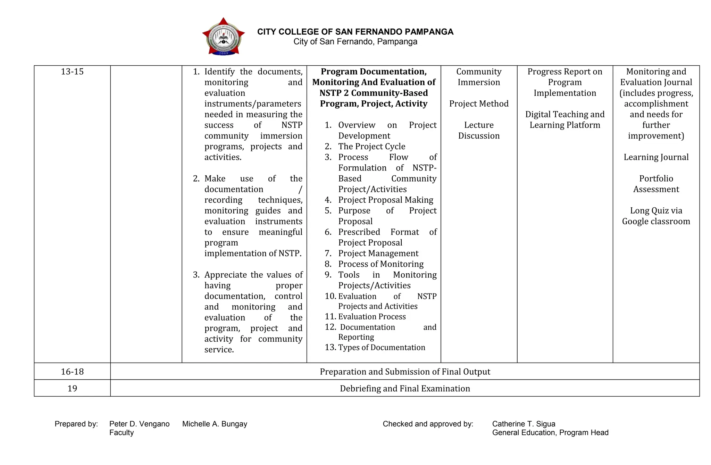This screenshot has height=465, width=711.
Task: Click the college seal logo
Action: pyautogui.click(x=223, y=37)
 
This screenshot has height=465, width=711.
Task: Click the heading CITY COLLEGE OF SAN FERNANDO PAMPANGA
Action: pyautogui.click(x=355, y=32)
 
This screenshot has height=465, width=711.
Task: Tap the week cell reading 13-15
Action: pyautogui.click(x=72, y=72)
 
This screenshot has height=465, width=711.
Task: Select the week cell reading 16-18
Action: pyautogui.click(x=72, y=372)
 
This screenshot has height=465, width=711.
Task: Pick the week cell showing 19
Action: pyautogui.click(x=72, y=388)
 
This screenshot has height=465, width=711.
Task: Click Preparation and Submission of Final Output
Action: pyautogui.click(x=405, y=372)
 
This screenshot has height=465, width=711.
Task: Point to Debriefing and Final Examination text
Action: pyautogui.click(x=405, y=388)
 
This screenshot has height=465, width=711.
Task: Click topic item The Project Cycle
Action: pyautogui.click(x=371, y=147)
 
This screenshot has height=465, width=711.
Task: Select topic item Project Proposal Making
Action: pyautogui.click(x=385, y=200)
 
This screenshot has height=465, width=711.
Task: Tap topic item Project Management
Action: pyautogui.click(x=378, y=254)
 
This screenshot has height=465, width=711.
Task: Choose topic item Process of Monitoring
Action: pyautogui.click(x=380, y=264)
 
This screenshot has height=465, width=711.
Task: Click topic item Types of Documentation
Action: pyautogui.click(x=381, y=348)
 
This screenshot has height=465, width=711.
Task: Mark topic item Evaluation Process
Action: pyautogui.click(x=371, y=317)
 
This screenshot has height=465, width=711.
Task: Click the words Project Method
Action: pyautogui.click(x=479, y=104)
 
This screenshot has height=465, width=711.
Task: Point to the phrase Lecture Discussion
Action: pyautogui.click(x=479, y=131)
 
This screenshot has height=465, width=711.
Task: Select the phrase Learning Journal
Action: pyautogui.click(x=656, y=157)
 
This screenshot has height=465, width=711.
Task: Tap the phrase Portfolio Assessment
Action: pyautogui.click(x=656, y=184)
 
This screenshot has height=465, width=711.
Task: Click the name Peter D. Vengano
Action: pyautogui.click(x=139, y=424)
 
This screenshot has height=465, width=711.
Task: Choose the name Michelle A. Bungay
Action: pyautogui.click(x=215, y=424)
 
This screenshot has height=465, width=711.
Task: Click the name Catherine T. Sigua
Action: pyautogui.click(x=524, y=424)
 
